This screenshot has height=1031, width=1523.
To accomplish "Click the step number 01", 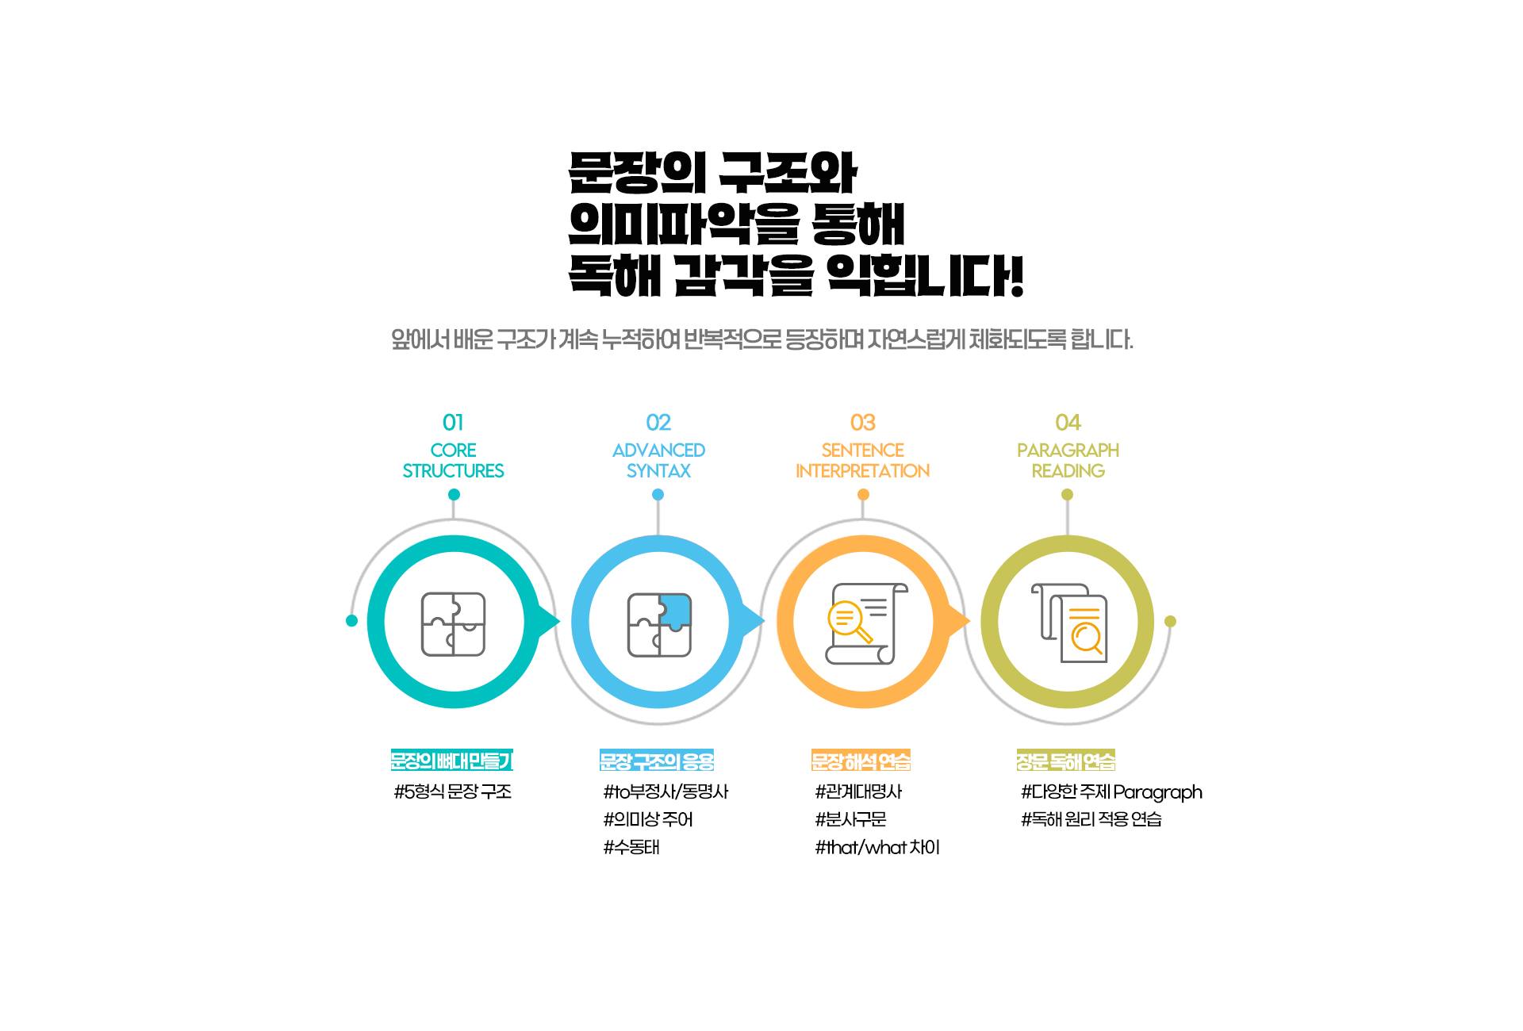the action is (x=453, y=422).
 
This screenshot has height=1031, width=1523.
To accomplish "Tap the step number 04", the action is (x=1068, y=422).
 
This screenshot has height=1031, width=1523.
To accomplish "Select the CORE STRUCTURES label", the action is (x=453, y=461).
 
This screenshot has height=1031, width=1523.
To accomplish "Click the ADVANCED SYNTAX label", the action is (x=658, y=461).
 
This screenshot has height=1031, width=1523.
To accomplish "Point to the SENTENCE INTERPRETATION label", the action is (x=863, y=461).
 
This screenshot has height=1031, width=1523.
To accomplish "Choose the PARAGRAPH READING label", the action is (x=1068, y=461).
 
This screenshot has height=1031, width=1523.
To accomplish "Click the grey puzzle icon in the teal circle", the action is (x=453, y=624).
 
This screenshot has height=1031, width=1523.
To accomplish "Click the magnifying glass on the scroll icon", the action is (x=849, y=622).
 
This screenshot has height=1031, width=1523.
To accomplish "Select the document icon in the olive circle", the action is (x=1069, y=623).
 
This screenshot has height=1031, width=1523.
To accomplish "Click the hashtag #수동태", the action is (x=631, y=847).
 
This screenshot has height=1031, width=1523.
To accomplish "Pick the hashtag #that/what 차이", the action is (x=877, y=847).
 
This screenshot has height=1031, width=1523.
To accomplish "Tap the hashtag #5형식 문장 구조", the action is (x=453, y=791).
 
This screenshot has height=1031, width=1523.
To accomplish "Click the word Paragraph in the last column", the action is (x=1157, y=792).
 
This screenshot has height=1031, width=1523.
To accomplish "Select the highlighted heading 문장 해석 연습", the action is (x=861, y=761).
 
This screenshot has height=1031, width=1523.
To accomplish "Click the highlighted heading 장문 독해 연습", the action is (x=1066, y=761).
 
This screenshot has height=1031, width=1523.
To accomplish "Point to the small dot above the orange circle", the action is (x=863, y=494).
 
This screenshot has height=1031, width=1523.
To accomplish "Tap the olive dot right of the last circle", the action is (x=1170, y=621).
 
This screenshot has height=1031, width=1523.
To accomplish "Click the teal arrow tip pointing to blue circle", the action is (x=559, y=621).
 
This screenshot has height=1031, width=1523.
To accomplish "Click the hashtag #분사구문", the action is (x=850, y=819).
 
